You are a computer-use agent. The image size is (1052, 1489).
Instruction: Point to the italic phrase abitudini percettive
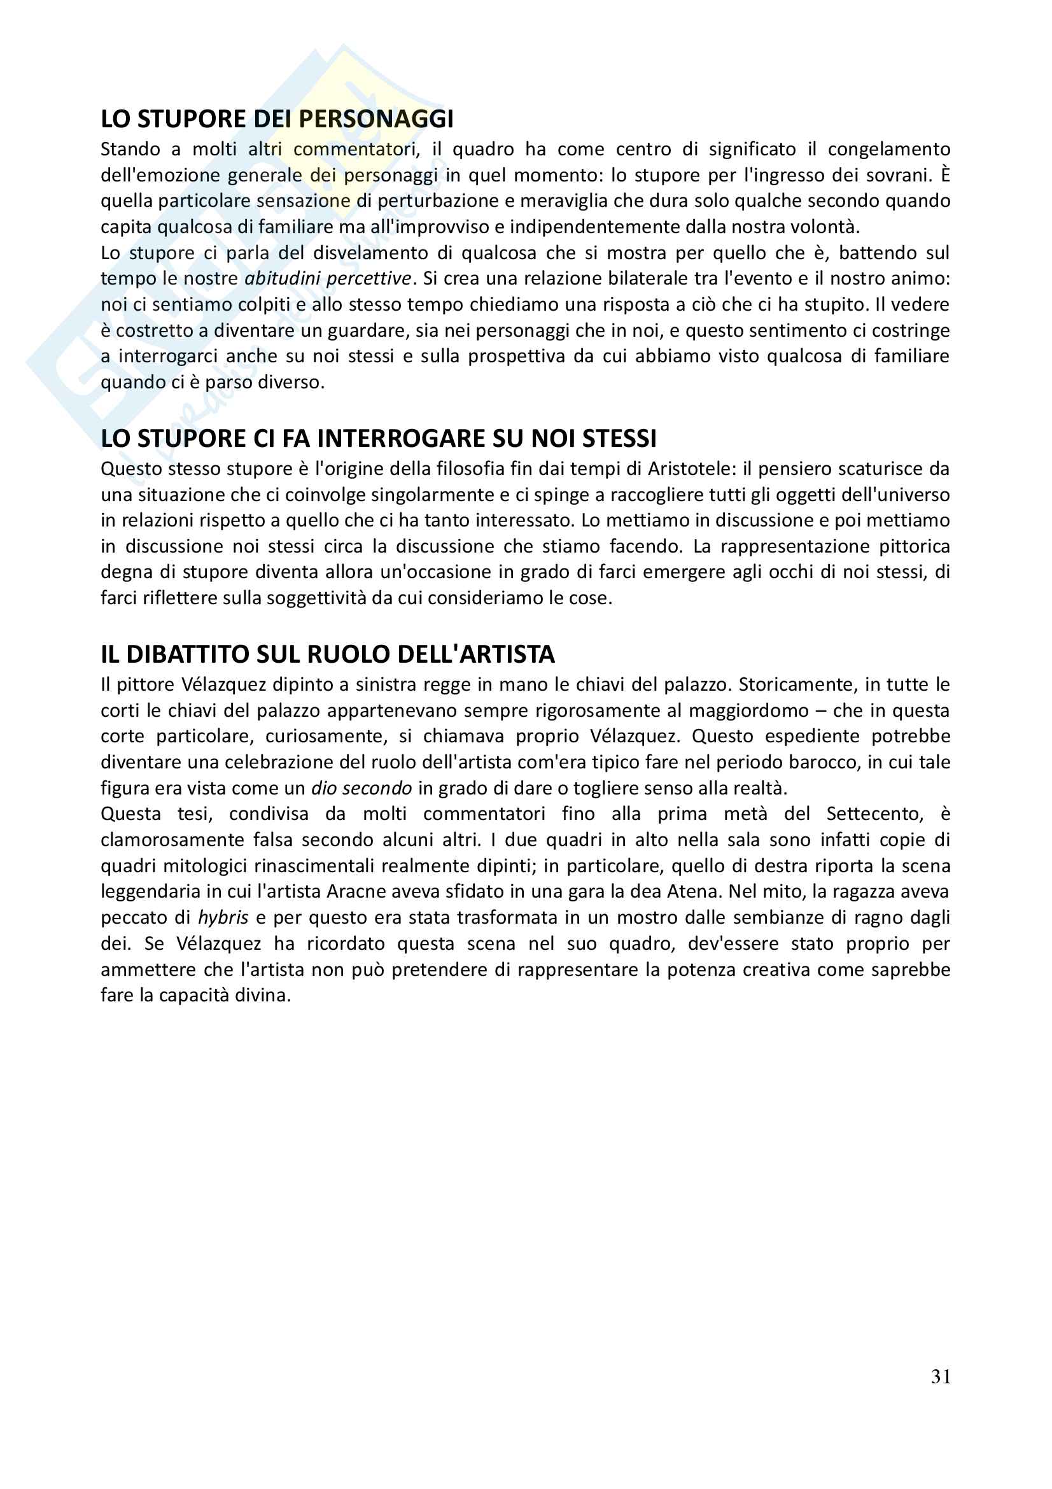coord(327,279)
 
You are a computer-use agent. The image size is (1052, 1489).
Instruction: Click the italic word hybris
coord(223,918)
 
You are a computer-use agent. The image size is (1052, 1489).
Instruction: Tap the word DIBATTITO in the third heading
coord(188,655)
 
